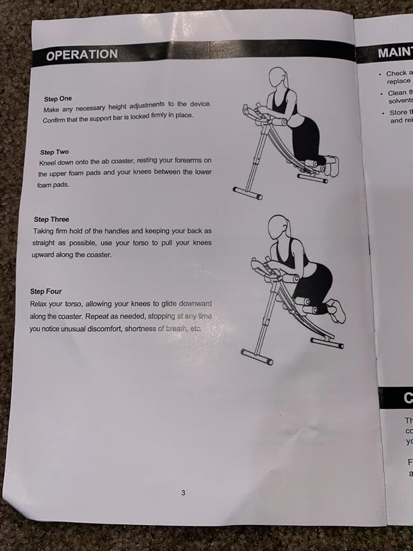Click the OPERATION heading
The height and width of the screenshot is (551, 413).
81,55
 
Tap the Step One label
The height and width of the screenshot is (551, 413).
58,99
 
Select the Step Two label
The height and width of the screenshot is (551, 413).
55,152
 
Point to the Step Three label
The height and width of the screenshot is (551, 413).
51,219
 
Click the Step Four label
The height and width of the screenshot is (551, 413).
46,291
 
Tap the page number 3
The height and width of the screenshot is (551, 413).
183,493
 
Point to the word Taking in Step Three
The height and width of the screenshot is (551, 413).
44,231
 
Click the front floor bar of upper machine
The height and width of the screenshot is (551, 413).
247,193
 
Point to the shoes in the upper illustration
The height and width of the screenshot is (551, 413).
331,165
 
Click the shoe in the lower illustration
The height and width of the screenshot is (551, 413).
336,311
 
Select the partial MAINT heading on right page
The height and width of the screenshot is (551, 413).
393,53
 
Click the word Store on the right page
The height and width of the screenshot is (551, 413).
398,112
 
